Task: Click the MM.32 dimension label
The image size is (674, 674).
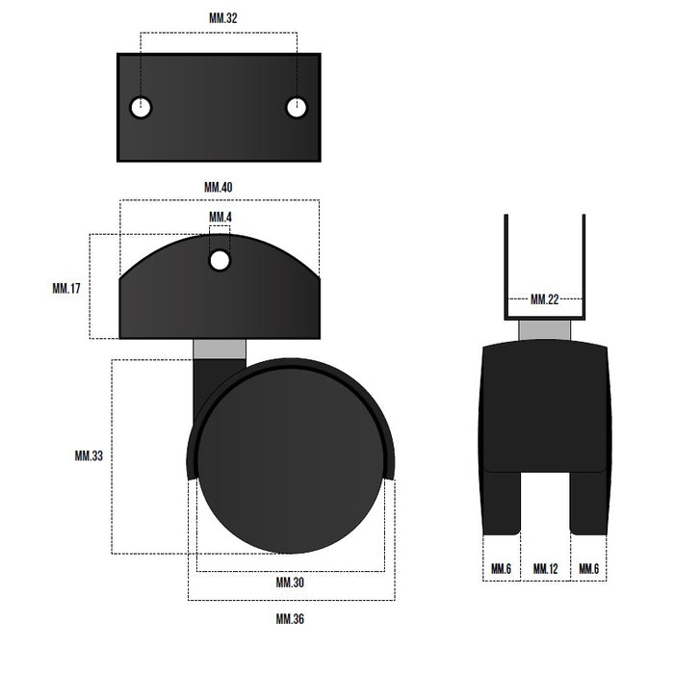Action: pos(222,18)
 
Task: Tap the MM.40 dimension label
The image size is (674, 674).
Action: pos(218,187)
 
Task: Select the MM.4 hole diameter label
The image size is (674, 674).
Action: pos(220,217)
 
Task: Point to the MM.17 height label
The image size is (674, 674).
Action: pos(66,288)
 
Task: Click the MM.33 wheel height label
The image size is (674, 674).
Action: pos(89,455)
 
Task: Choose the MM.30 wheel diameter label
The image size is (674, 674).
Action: pos(290,583)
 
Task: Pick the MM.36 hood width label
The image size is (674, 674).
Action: pos(290,619)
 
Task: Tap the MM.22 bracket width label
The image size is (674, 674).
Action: pos(544,299)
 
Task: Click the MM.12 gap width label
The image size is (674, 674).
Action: pos(545,569)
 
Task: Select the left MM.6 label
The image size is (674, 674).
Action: pos(501,569)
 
